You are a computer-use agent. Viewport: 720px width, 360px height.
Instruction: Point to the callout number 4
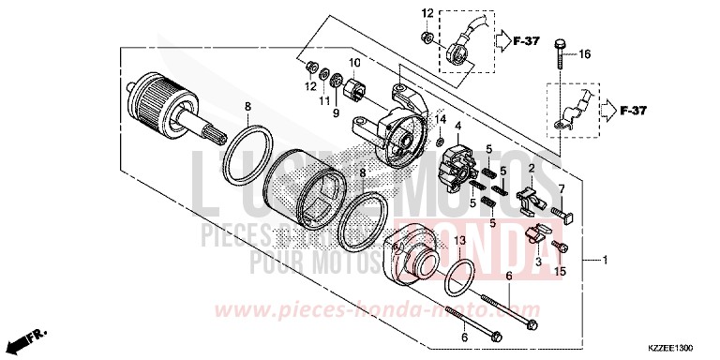click(x=458, y=127)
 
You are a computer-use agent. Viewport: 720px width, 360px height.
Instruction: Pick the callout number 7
click(x=563, y=188)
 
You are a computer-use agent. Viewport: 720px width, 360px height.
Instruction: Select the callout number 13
click(x=460, y=241)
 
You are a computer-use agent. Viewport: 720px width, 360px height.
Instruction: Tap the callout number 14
click(x=441, y=118)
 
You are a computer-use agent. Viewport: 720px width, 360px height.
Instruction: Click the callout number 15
click(x=562, y=272)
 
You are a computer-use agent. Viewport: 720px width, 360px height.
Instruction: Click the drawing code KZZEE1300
click(x=674, y=346)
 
